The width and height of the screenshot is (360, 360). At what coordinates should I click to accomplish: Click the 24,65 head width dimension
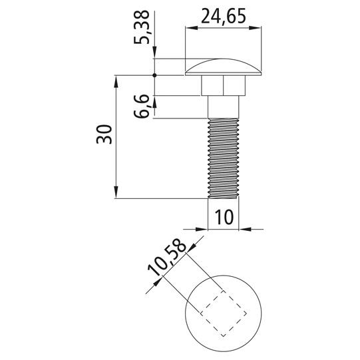[x=224, y=16]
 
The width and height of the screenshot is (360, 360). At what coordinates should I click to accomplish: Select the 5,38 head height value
[x=142, y=27]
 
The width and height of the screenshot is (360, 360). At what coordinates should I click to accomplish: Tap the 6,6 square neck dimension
[x=142, y=106]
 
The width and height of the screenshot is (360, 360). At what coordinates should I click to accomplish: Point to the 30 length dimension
[x=104, y=134]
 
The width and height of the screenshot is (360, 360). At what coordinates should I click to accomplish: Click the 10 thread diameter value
[x=224, y=217]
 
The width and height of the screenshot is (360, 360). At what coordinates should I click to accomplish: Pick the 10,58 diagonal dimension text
[x=167, y=257]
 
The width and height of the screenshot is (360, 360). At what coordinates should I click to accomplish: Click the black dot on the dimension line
[x=154, y=75]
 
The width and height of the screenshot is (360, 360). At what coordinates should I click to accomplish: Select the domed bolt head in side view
[x=223, y=67]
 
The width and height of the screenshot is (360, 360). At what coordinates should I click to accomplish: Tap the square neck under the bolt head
[x=223, y=85]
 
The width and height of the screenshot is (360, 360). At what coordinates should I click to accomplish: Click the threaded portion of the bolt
[x=223, y=158]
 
